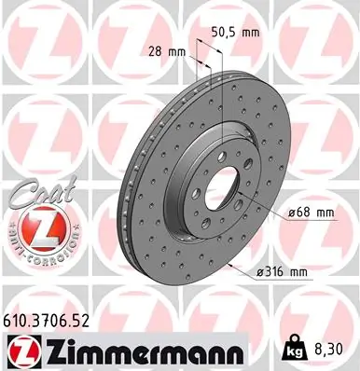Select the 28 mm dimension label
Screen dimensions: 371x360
(163, 52)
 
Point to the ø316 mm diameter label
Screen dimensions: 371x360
(282, 272)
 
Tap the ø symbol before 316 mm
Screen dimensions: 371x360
(258, 272)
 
